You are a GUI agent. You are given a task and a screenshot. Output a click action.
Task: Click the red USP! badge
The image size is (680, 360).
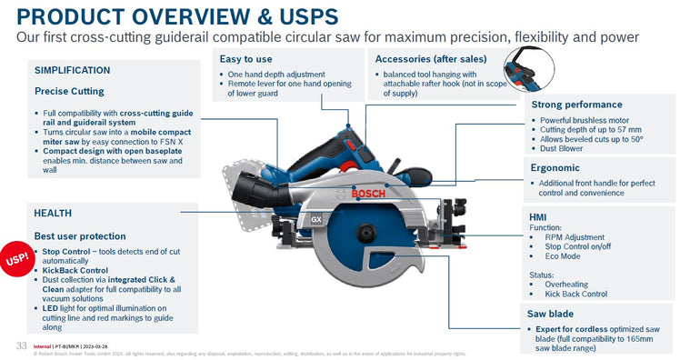click(15, 259)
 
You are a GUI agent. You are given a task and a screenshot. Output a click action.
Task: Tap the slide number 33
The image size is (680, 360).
click(20, 345)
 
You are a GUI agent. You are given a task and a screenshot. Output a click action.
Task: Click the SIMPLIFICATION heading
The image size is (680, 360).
click(73, 70)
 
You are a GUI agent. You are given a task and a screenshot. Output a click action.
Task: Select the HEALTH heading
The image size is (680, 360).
click(53, 213)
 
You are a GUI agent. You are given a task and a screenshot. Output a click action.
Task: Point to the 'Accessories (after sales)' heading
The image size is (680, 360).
click(433, 58)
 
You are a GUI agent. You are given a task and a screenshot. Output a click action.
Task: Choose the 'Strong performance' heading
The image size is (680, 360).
click(575, 105)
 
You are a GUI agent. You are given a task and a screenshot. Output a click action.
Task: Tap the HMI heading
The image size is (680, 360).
click(538, 217)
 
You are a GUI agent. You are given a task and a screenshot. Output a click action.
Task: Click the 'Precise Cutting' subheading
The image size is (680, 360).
click(69, 91)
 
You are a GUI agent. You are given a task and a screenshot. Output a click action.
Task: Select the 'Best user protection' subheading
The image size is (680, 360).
click(81, 235)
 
